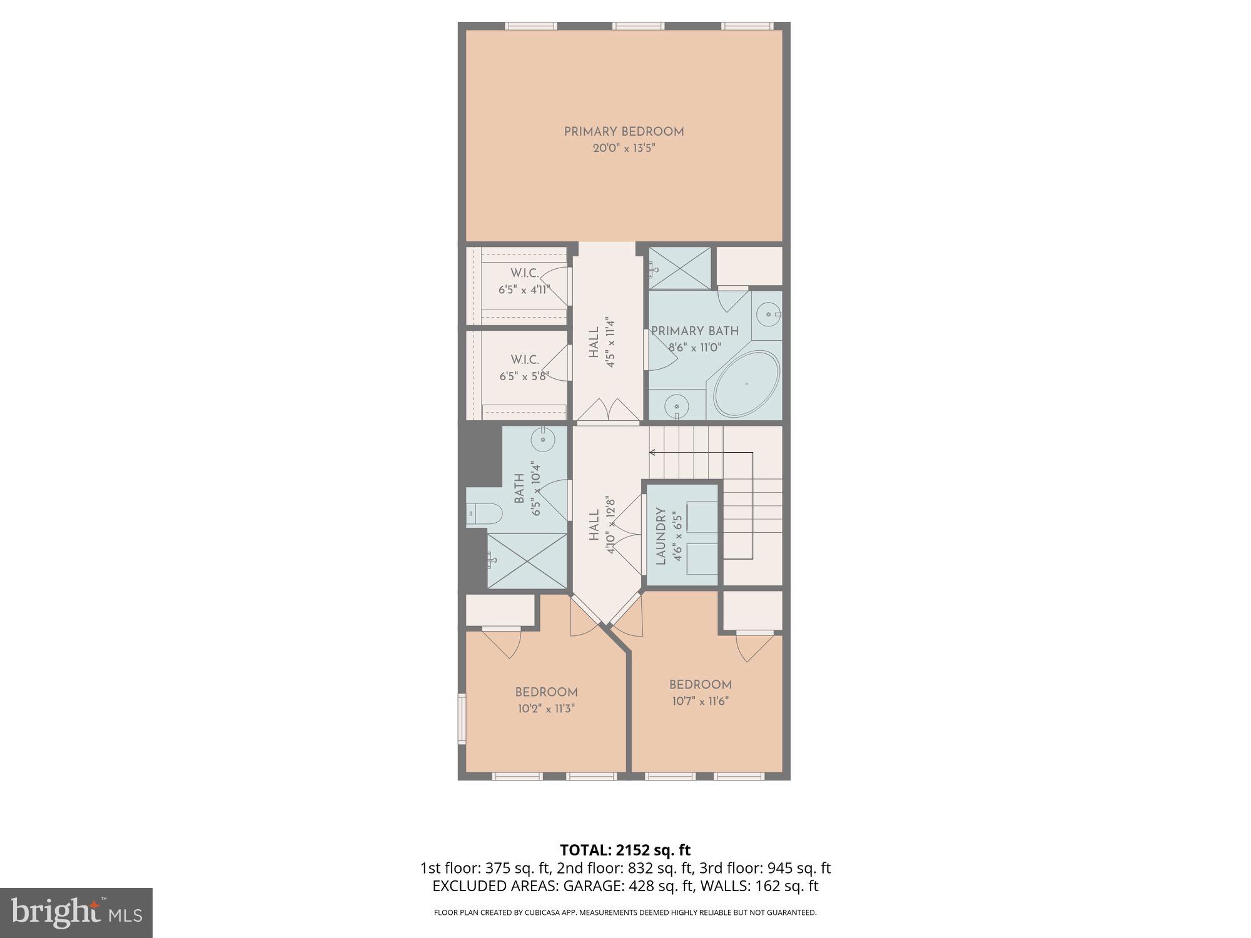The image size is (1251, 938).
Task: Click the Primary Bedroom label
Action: coord(624,132)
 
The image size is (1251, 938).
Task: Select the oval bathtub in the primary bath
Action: coord(746,383)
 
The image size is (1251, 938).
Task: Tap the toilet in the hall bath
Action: coord(485,514)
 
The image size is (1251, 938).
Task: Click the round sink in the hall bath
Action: coord(542,440)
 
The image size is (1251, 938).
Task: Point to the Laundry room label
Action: coord(661,536)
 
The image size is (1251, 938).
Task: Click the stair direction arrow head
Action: coord(652,452)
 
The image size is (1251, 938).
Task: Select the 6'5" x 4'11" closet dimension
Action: coord(524,290)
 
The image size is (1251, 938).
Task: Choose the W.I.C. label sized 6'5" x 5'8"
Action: coord(524,360)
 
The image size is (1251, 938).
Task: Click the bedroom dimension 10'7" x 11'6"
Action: coord(700,701)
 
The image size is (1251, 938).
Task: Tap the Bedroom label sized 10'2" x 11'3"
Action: coord(546,692)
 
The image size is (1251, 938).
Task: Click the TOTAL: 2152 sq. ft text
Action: coord(625,850)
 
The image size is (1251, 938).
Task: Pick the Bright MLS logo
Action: coord(76,912)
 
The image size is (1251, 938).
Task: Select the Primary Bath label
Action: coord(694,331)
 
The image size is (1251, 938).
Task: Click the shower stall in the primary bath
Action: coord(680,268)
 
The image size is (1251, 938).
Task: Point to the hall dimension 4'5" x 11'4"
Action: coord(611,343)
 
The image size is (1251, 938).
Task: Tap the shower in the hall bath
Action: coord(527,561)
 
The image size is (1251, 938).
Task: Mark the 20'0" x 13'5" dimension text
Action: coord(624,149)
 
